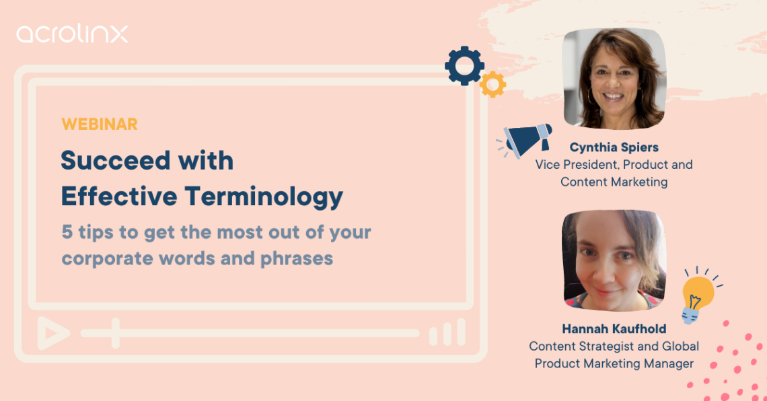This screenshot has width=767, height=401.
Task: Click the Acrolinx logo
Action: [72, 34]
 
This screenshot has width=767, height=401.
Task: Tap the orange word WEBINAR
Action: [99, 124]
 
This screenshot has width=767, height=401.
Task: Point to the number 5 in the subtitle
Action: [67, 233]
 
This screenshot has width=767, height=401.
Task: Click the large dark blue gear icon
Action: [464, 65]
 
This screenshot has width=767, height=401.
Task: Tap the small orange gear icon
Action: [492, 84]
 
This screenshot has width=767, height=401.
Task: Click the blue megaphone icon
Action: [527, 139]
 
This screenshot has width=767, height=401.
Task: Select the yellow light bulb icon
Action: [697, 294]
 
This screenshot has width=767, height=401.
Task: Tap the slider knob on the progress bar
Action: [116, 332]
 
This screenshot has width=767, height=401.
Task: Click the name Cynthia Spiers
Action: [614, 147]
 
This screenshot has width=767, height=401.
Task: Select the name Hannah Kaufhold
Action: [614, 329]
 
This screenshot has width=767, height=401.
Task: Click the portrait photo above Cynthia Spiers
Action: [614, 79]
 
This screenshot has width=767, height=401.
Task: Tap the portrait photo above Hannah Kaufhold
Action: [614, 261]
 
